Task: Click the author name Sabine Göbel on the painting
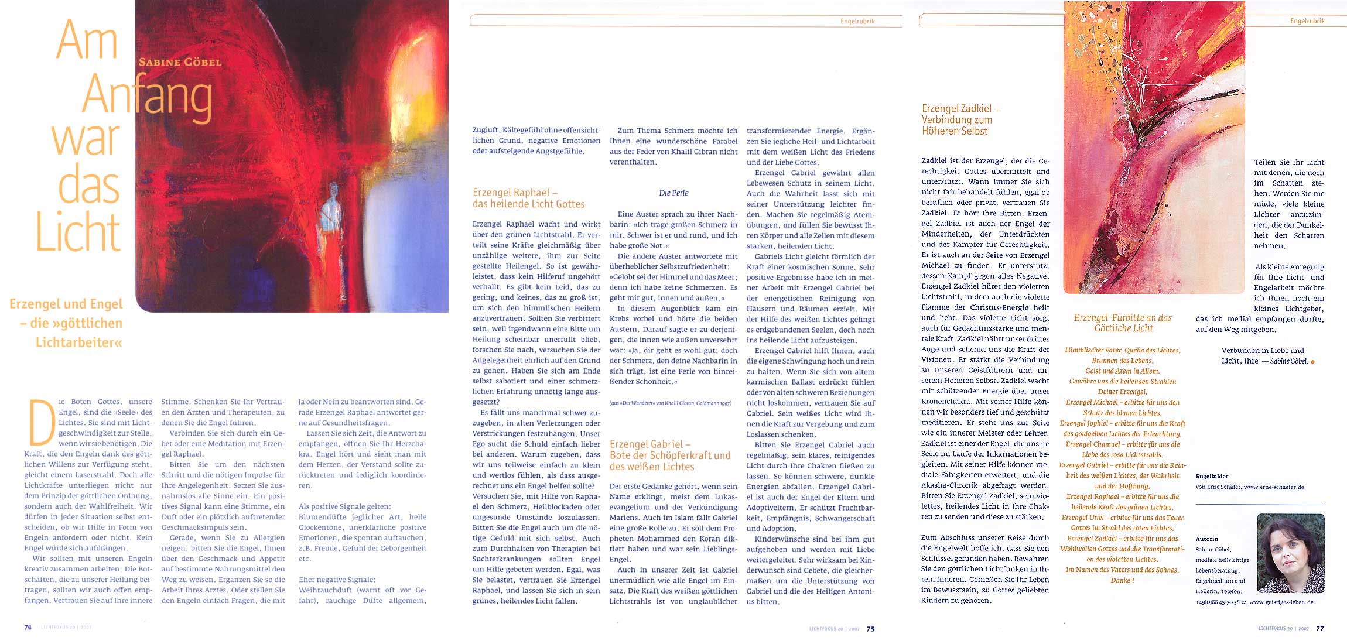pos(180,62)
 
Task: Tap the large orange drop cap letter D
pos(42,423)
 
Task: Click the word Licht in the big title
pos(78,232)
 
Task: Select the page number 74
pos(28,628)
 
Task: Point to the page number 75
pos(870,629)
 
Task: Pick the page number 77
pos(1319,629)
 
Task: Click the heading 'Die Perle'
pos(673,193)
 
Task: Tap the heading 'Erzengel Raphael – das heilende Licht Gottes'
pos(528,198)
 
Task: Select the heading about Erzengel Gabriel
pos(670,455)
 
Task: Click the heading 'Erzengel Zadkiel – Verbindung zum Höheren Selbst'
pos(960,119)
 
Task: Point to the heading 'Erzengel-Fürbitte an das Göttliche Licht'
pos(1123,323)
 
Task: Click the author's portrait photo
pos(1290,553)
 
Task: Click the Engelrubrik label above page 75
pos(857,22)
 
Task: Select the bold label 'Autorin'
pos(1206,539)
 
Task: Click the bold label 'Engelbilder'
pos(1212,477)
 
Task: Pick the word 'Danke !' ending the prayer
pos(1122,580)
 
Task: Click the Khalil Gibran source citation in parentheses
pos(670,403)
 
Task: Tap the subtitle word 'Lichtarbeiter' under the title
pos(78,342)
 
